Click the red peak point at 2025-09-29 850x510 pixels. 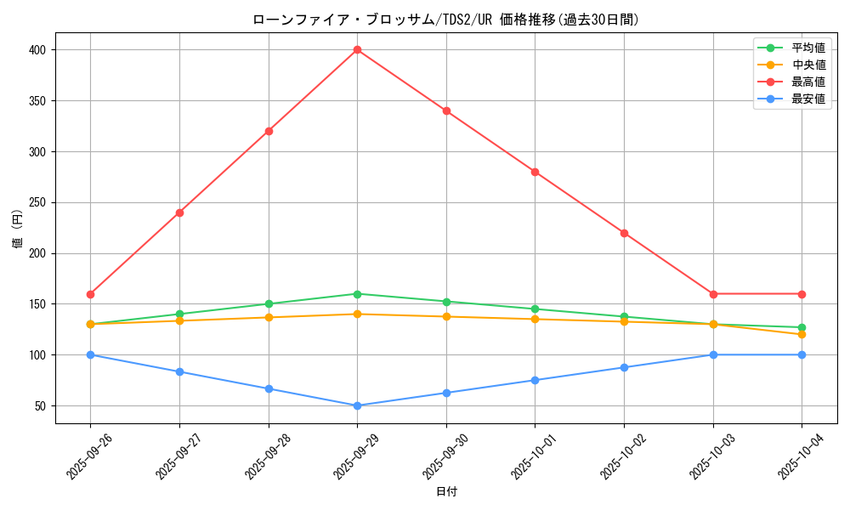357,50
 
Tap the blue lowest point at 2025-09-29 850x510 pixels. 357,405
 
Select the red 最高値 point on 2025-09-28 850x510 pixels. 269,131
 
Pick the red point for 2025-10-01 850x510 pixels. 535,172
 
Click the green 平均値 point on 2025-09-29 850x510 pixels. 357,294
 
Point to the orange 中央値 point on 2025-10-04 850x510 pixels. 802,334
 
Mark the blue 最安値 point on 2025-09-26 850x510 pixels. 90,354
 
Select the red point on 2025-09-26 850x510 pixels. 90,294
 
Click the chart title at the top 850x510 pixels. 445,19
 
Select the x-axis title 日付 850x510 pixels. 445,492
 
